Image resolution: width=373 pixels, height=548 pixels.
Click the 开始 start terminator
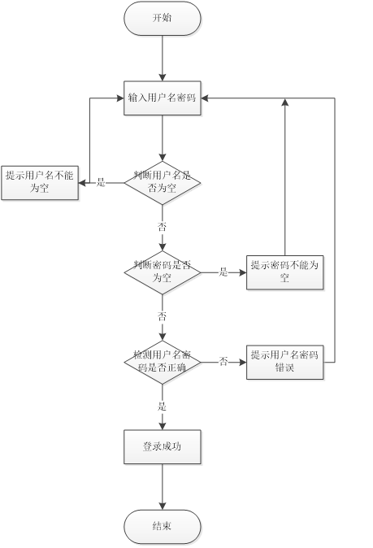(163, 18)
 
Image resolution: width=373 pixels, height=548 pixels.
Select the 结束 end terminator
(163, 527)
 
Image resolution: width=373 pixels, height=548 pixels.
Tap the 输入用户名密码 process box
(163, 98)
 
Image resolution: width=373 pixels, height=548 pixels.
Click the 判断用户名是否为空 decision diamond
(163, 182)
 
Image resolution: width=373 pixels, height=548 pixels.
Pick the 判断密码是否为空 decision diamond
(163, 272)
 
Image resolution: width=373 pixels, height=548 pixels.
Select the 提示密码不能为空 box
(285, 272)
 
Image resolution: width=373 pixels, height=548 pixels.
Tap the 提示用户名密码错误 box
(285, 362)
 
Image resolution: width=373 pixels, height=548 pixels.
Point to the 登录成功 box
(163, 447)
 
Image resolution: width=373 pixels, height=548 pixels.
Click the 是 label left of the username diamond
(101, 182)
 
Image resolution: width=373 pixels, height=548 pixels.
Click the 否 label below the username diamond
(163, 227)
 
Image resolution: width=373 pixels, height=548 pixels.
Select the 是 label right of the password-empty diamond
(223, 272)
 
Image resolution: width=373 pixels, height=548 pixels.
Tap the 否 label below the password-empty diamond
(163, 316)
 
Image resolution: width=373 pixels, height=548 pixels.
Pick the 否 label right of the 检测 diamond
(223, 362)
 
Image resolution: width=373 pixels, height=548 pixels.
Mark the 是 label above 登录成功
(163, 405)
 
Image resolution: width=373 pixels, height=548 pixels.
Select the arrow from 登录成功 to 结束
(163, 488)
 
